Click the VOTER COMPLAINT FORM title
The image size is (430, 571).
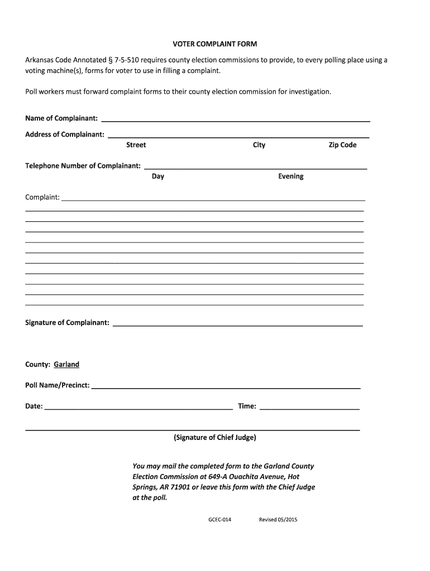click(x=214, y=43)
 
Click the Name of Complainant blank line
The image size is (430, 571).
click(x=235, y=120)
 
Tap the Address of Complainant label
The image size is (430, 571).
click(x=64, y=134)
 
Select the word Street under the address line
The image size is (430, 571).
click(x=136, y=145)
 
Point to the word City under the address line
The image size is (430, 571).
click(x=259, y=145)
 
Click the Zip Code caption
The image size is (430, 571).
click(x=342, y=145)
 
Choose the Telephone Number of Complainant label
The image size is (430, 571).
click(x=83, y=166)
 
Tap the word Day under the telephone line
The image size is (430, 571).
click(x=158, y=176)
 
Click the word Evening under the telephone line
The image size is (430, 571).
click(x=291, y=176)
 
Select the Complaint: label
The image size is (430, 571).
click(x=42, y=197)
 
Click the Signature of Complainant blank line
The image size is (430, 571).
click(x=238, y=324)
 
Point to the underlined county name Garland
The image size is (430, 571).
click(x=66, y=364)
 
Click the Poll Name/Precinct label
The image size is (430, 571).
click(x=57, y=385)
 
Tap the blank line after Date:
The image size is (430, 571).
click(x=138, y=408)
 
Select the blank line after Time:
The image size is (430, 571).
click(x=310, y=408)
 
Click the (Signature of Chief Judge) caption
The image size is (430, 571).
click(x=215, y=437)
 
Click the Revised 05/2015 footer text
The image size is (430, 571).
click(x=278, y=520)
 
